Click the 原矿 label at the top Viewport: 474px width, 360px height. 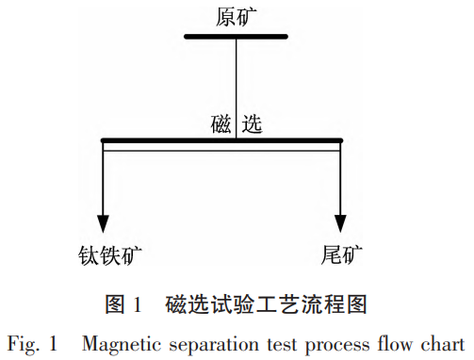[x=236, y=15]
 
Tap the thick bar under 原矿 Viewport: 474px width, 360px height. [x=236, y=37]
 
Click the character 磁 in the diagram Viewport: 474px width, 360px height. [x=221, y=123]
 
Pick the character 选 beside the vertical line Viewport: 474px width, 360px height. [x=252, y=123]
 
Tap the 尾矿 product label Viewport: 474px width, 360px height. [x=340, y=254]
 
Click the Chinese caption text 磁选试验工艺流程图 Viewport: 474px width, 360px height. [x=265, y=303]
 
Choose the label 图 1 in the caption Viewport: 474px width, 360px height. [x=123, y=303]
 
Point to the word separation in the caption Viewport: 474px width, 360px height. [x=205, y=341]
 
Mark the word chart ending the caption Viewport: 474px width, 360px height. [x=440, y=341]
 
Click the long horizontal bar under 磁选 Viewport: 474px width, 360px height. [x=221, y=141]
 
